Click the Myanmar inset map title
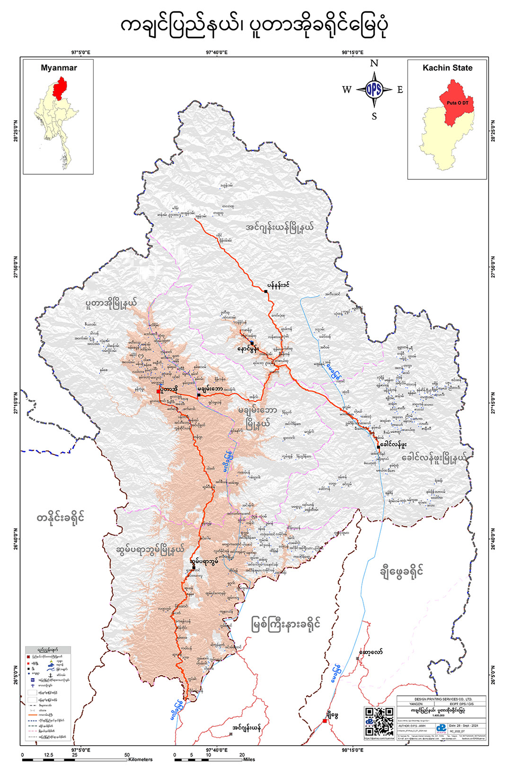click(x=59, y=68)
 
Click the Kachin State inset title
click(x=447, y=68)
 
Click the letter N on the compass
click(x=374, y=63)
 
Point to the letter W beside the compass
click(x=347, y=90)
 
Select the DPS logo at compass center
click(x=374, y=89)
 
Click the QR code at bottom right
click(x=379, y=722)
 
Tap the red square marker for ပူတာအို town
click(x=159, y=392)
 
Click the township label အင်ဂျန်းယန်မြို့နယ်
click(x=280, y=227)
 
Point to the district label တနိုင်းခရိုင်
click(x=61, y=517)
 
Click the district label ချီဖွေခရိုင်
click(x=401, y=571)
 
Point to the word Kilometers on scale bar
click(x=141, y=759)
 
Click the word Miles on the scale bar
click(x=249, y=759)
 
